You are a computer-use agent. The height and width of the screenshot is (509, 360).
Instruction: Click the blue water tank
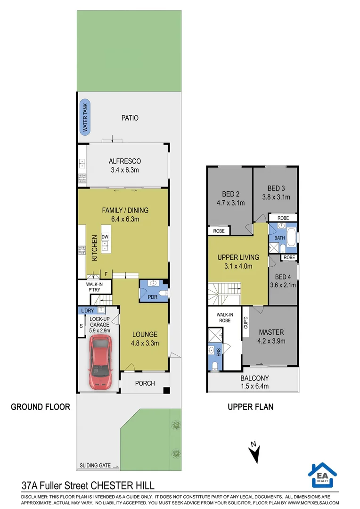(85, 117)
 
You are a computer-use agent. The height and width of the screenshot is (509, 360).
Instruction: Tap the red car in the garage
(100, 361)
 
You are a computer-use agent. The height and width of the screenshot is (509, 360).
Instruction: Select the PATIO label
(130, 118)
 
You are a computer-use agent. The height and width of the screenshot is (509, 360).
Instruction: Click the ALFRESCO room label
(125, 161)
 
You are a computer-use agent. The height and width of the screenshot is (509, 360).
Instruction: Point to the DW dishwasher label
(105, 237)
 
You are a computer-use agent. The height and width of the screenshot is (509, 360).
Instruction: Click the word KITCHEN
(94, 248)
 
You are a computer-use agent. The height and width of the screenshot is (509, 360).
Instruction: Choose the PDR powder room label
(153, 297)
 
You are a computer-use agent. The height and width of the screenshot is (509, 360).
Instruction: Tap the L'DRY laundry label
(88, 311)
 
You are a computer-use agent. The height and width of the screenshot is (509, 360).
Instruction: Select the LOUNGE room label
(145, 334)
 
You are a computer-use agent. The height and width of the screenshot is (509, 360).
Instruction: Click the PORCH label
(145, 383)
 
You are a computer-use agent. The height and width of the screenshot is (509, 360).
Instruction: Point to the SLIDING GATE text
(95, 466)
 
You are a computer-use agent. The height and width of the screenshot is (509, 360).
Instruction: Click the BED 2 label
(231, 194)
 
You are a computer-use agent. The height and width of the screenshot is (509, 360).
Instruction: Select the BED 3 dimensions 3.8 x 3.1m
(276, 197)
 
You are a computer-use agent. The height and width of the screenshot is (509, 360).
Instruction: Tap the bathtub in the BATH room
(292, 237)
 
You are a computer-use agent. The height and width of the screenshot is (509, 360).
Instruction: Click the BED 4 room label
(283, 277)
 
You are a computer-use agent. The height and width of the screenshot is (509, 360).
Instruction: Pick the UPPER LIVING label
(238, 257)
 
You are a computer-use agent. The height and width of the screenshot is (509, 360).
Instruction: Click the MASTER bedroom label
(271, 332)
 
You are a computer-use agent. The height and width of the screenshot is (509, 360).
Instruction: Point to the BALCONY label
(254, 378)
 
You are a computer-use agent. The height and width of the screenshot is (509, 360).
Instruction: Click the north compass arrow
(254, 452)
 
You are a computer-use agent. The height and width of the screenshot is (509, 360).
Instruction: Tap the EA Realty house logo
(322, 475)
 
